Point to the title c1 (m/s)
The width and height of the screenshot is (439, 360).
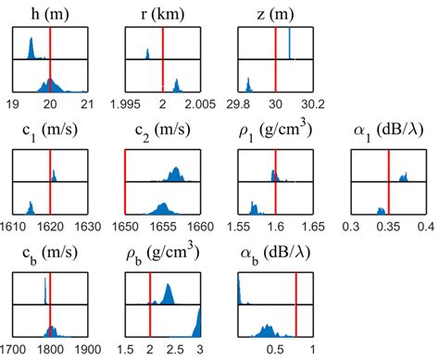click(x=50, y=131)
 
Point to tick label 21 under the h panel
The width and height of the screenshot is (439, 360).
click(x=87, y=104)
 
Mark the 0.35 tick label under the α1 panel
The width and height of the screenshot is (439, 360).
click(x=389, y=225)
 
